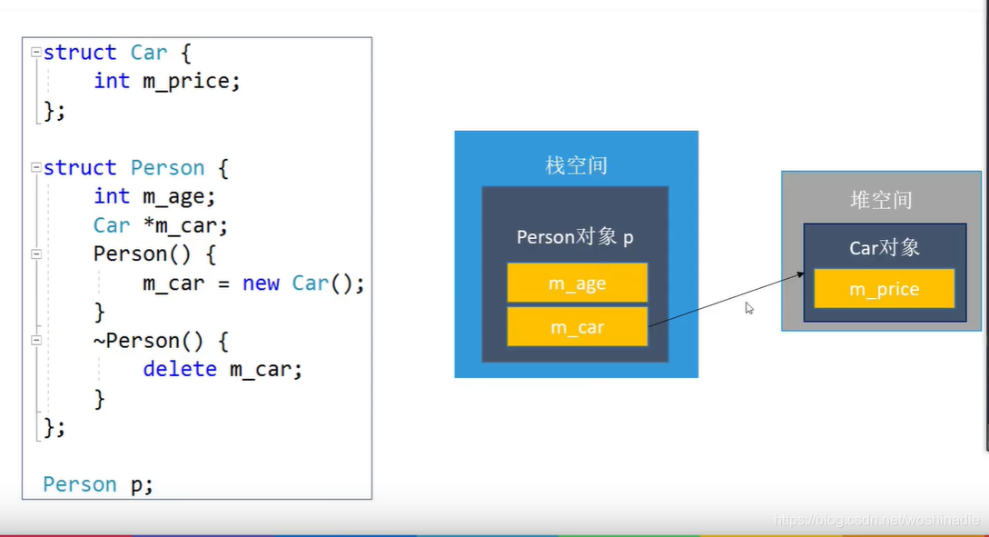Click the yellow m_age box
(577, 283)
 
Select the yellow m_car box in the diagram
(577, 327)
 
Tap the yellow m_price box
(884, 289)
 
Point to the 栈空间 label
(576, 165)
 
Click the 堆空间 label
(881, 200)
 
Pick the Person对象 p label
(575, 237)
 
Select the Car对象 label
(885, 247)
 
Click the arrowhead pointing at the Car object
(800, 273)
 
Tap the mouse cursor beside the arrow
(749, 308)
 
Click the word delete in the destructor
(180, 369)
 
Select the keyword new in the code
(261, 283)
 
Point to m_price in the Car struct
(191, 82)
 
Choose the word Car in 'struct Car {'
(149, 53)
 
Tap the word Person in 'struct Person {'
(168, 168)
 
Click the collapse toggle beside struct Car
(35, 53)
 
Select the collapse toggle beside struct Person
(35, 168)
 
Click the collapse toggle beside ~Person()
(35, 341)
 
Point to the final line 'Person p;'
(98, 484)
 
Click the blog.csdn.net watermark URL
(876, 520)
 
